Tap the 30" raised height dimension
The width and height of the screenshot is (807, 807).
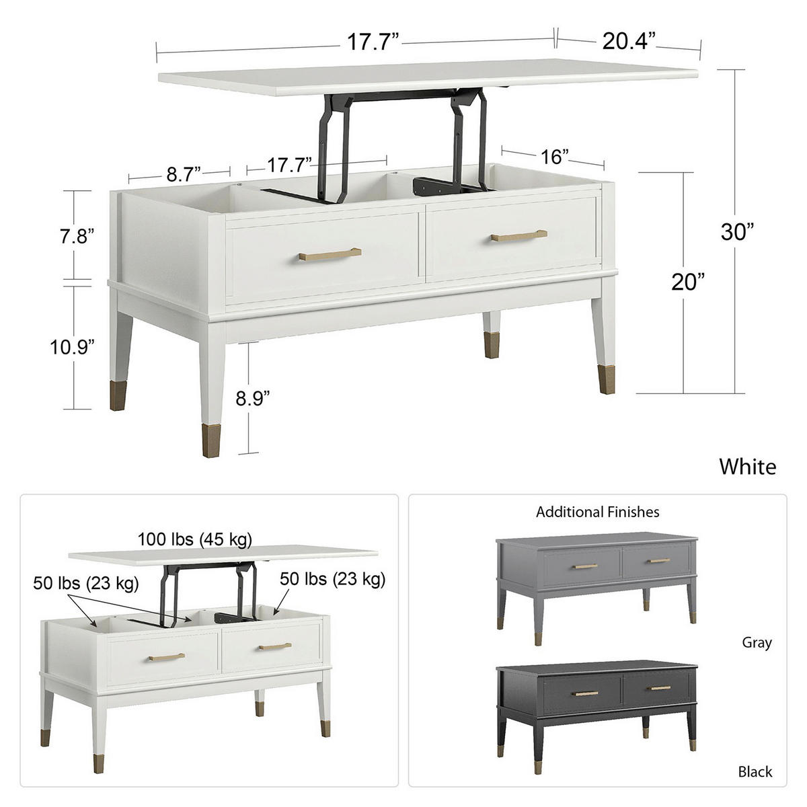(x=736, y=232)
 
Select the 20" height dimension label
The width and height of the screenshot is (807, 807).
(x=687, y=282)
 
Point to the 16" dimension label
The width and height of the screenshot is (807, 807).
(x=555, y=157)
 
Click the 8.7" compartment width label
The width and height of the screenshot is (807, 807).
(x=184, y=175)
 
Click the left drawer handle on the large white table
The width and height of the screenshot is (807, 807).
(x=330, y=254)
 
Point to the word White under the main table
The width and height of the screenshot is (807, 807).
(x=747, y=466)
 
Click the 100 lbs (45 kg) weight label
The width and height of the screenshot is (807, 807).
(x=195, y=539)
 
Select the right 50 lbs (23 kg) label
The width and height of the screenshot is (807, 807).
(x=333, y=578)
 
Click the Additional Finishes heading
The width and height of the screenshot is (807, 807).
(x=597, y=512)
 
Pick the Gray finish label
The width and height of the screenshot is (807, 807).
(x=757, y=643)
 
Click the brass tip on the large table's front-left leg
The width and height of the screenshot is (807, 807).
(x=210, y=437)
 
